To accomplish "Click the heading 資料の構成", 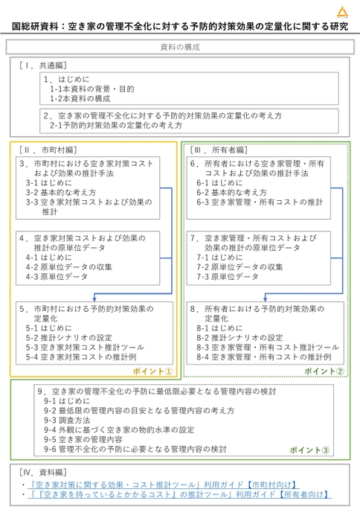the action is coord(179,47).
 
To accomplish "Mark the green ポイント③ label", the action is coord(309,450).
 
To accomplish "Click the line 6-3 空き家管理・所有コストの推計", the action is coord(260,201).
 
